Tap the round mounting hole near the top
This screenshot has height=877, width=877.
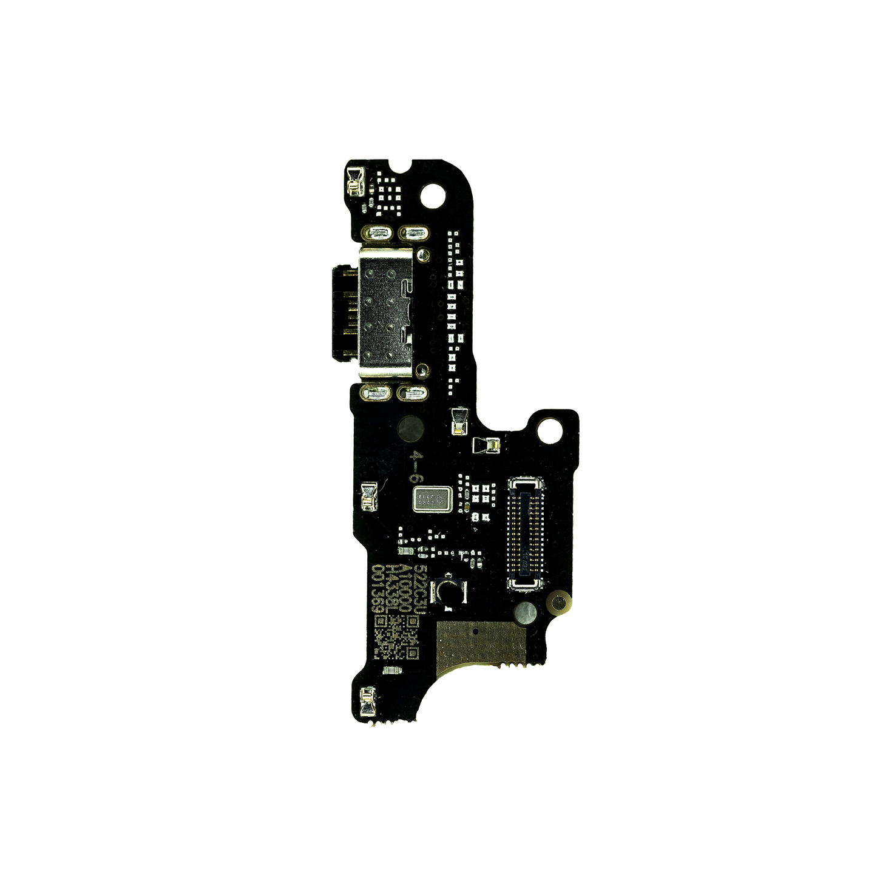point(432,194)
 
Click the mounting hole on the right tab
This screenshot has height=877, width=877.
point(550,430)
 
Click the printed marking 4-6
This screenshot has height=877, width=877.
point(416,466)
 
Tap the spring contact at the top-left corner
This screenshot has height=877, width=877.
point(354,183)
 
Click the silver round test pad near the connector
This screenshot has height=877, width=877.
point(524,614)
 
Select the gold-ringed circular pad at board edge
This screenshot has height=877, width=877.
point(560,603)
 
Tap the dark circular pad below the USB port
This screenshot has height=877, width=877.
point(410,429)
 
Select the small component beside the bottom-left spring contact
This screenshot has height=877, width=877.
point(391,671)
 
